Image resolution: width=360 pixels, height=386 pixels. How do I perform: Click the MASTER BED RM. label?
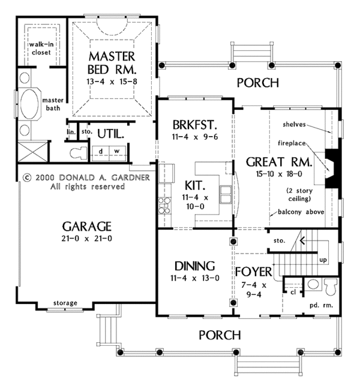(112, 63)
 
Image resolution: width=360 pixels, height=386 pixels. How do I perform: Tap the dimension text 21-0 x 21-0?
(87, 239)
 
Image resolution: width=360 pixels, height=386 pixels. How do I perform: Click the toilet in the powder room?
(331, 287)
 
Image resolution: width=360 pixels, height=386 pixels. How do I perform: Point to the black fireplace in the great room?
(333, 168)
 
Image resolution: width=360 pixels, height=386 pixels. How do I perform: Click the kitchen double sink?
(226, 194)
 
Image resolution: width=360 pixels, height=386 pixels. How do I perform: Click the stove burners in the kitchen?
(164, 205)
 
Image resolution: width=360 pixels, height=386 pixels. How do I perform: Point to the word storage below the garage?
(65, 303)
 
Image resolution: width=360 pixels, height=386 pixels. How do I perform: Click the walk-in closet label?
(41, 48)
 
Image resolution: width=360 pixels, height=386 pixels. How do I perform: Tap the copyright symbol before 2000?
(27, 177)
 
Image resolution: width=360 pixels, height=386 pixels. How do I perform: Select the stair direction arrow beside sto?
(302, 240)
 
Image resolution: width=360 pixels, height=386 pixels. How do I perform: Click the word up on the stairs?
(323, 260)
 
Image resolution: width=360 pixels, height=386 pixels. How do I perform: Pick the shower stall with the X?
(33, 152)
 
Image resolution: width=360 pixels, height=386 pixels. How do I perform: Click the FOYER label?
(254, 272)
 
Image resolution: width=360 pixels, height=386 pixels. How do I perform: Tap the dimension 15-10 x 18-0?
(279, 174)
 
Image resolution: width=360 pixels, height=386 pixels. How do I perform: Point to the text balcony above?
(301, 212)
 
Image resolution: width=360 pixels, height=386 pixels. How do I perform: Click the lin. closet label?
(71, 132)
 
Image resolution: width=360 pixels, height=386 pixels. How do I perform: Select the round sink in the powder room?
(313, 284)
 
